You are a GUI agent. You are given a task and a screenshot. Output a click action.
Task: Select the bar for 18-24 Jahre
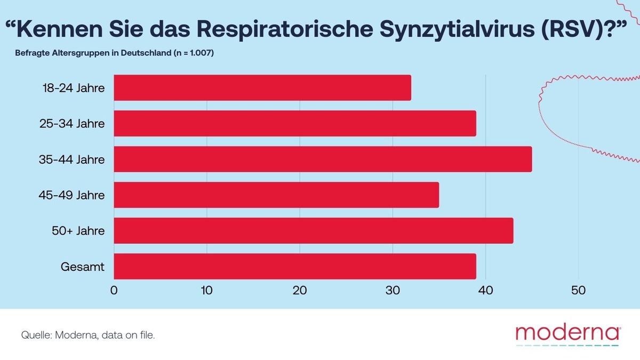(x=262, y=87)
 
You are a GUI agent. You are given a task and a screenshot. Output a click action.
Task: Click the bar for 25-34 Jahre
(x=295, y=123)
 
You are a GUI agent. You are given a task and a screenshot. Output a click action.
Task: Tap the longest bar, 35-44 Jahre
(x=323, y=159)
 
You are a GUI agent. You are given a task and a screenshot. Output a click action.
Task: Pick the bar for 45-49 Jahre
(x=276, y=195)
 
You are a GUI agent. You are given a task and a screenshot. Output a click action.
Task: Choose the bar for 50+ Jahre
(x=314, y=230)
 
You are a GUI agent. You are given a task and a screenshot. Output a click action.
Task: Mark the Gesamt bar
(x=295, y=266)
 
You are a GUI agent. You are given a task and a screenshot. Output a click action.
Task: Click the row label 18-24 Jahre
(x=74, y=88)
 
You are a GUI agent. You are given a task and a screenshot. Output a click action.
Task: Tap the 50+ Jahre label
(x=78, y=231)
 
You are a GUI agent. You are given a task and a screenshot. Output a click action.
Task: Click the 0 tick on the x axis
(x=114, y=291)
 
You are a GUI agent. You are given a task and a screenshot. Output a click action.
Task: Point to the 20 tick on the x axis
(x=300, y=291)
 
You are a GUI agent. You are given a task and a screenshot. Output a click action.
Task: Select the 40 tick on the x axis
(x=485, y=291)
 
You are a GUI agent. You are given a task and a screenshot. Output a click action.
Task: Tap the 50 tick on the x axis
(x=579, y=291)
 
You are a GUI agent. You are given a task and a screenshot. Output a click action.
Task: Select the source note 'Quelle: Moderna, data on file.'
(x=88, y=335)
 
